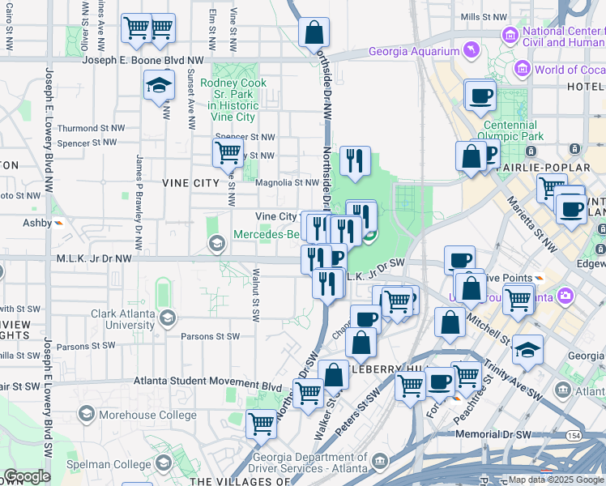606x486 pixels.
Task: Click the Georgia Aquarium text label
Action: [414, 52]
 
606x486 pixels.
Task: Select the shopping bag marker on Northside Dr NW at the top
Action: [314, 33]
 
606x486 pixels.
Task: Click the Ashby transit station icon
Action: [58, 223]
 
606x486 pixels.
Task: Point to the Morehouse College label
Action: [147, 415]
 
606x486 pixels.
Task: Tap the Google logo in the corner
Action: [26, 476]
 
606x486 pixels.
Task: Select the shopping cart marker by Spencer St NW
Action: [228, 151]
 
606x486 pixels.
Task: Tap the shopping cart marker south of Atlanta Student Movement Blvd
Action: [261, 423]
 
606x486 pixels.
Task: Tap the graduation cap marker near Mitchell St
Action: [527, 350]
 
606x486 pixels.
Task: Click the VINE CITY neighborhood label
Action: [191, 183]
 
